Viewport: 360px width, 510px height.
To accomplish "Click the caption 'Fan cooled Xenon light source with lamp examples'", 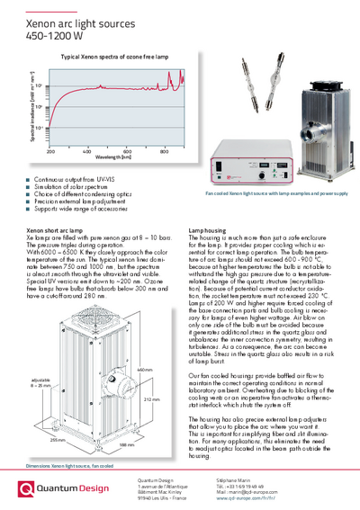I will point(270,192).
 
